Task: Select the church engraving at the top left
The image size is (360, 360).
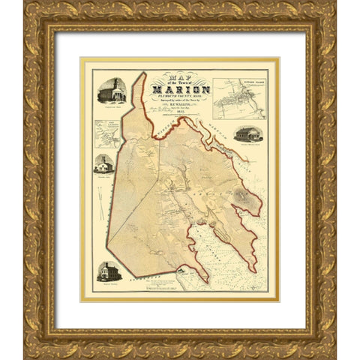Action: coord(110,91)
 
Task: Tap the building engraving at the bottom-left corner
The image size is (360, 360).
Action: coord(109,272)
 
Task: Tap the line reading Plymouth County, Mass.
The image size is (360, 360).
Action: coord(180,100)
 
